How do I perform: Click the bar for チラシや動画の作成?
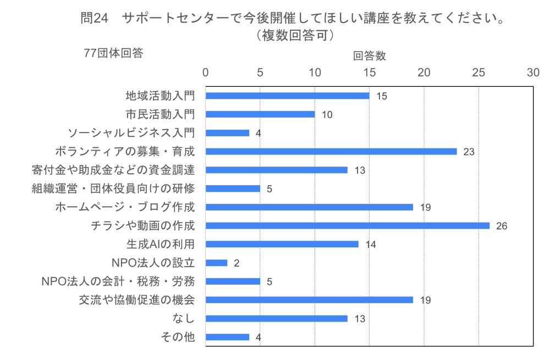click(348, 225)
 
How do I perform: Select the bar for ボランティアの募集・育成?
click(331, 151)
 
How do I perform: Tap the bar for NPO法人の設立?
click(216, 263)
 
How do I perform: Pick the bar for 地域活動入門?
click(287, 96)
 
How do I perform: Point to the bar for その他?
click(227, 337)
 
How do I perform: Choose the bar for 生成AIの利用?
click(282, 244)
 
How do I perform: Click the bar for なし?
click(276, 318)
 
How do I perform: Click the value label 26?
click(501, 226)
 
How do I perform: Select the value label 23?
click(469, 152)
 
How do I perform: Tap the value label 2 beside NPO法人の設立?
click(237, 263)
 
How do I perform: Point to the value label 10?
click(327, 115)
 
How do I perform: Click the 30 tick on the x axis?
click(533, 73)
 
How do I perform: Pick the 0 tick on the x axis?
click(206, 73)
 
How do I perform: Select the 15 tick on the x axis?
click(369, 73)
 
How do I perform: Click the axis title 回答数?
click(369, 56)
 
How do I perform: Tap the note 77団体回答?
click(113, 53)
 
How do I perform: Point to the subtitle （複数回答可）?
click(292, 35)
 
